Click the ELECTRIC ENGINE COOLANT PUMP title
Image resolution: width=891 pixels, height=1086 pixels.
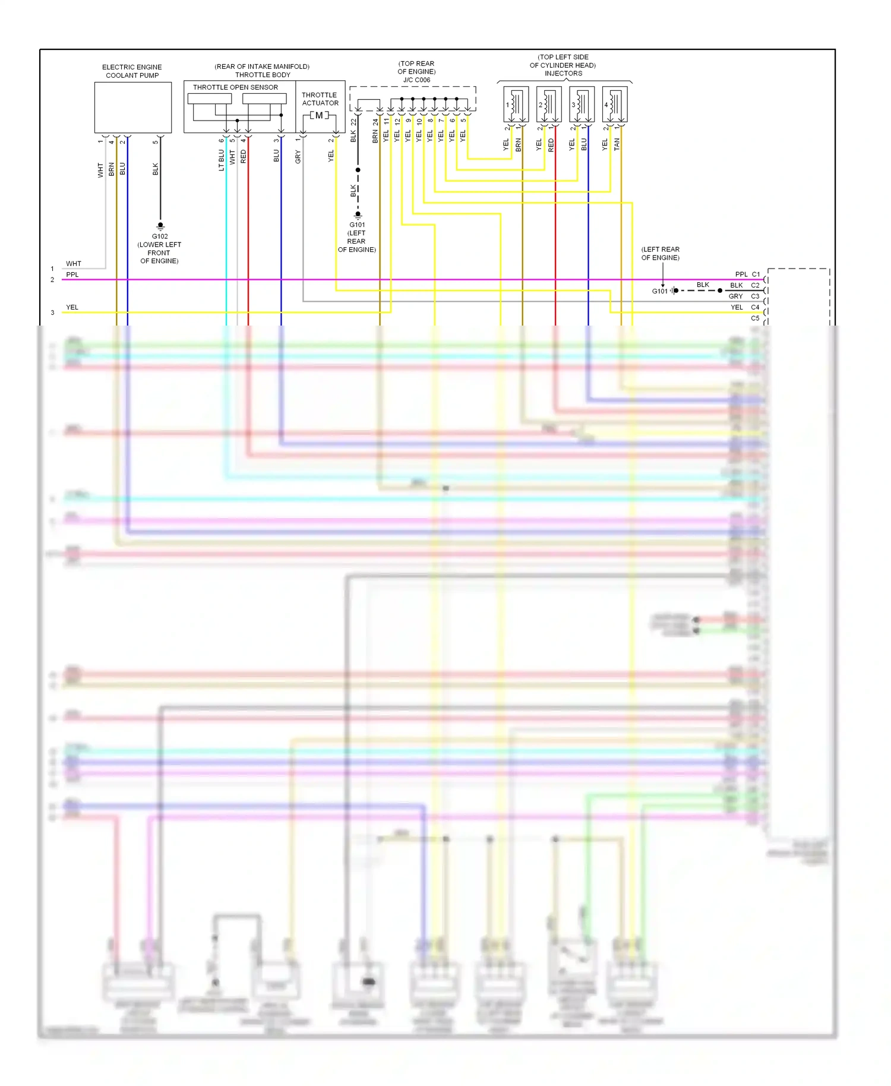click(132, 71)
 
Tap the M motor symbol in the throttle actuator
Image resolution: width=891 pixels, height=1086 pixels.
click(319, 115)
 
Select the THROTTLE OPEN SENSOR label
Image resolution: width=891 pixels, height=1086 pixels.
click(235, 87)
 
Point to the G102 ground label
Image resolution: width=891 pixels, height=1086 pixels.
click(160, 236)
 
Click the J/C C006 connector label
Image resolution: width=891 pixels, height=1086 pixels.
click(416, 80)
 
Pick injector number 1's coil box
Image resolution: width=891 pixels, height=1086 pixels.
click(516, 105)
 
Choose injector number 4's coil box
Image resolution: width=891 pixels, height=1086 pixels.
click(614, 105)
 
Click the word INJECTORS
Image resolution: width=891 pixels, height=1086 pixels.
click(563, 74)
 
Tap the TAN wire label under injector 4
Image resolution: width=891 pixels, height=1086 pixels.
click(617, 144)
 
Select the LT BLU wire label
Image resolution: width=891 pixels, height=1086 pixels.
click(222, 160)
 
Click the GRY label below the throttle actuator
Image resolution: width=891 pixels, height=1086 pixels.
click(298, 157)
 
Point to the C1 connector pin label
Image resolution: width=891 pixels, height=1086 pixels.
click(756, 274)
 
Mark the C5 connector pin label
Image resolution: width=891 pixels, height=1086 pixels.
click(755, 318)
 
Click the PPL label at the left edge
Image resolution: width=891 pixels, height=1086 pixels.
click(72, 274)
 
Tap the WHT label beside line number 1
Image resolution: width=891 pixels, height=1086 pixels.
click(74, 264)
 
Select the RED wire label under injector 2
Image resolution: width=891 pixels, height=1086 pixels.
click(551, 145)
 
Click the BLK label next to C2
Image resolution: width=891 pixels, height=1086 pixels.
click(737, 286)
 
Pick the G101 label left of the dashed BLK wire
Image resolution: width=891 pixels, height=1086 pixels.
click(660, 291)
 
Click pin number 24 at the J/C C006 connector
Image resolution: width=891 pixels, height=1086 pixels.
click(375, 122)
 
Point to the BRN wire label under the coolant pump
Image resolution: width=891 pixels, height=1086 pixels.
click(111, 169)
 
